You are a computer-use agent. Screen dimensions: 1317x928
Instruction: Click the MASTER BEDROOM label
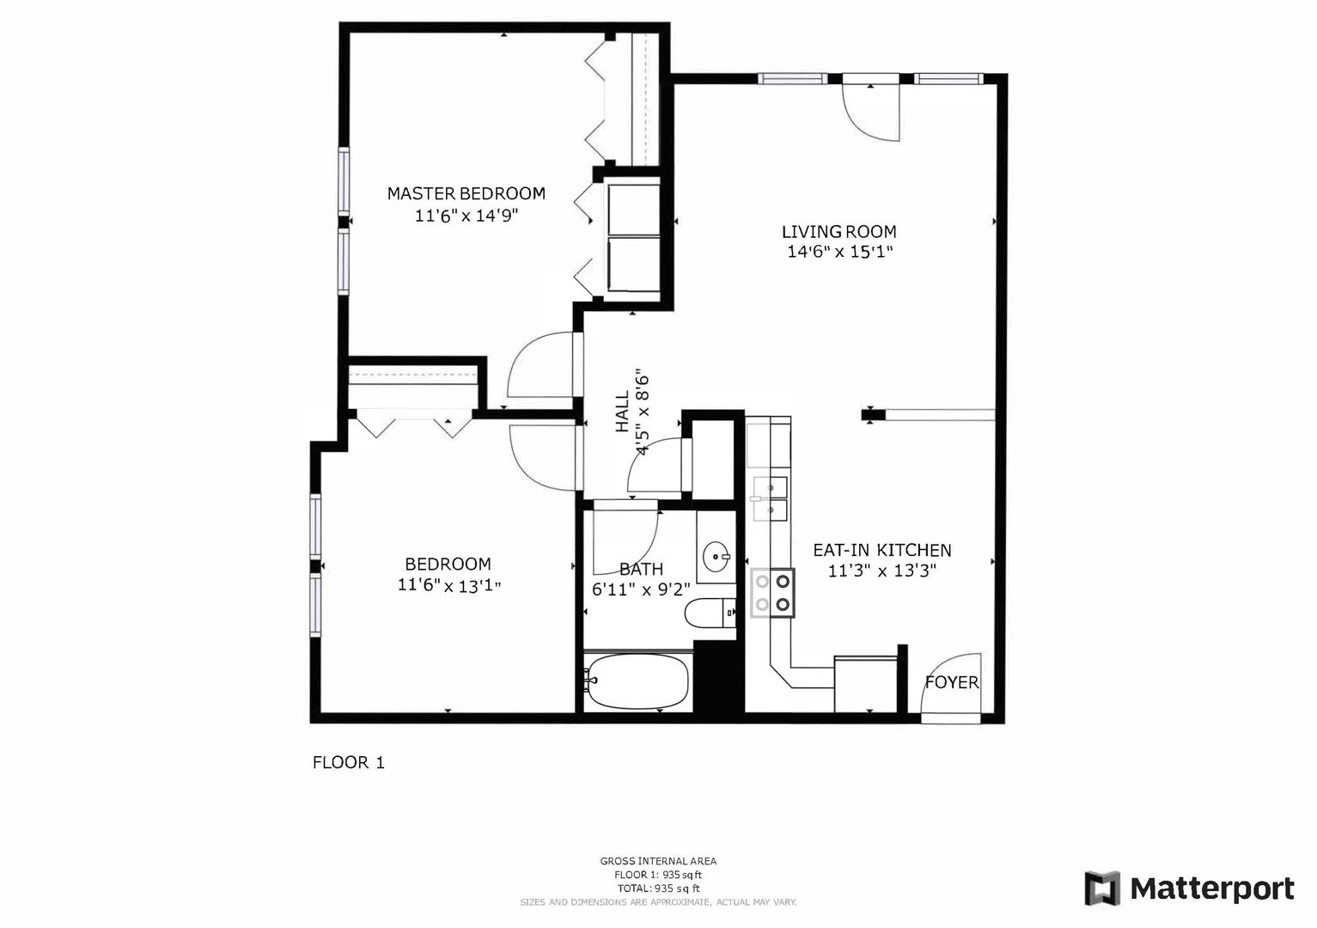[466, 193]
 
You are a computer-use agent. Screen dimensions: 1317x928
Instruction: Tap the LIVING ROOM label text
[839, 232]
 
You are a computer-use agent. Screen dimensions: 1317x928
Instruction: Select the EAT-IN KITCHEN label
[882, 550]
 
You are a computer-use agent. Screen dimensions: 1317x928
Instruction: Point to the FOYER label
[952, 682]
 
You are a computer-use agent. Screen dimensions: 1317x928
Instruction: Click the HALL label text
[622, 412]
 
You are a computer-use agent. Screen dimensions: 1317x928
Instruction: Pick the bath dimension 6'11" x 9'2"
[641, 589]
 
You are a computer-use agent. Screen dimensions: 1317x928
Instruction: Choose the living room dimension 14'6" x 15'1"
[840, 252]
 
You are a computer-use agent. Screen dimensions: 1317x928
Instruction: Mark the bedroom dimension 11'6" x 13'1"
[449, 586]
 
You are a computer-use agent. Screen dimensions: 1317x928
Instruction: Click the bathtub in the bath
[638, 681]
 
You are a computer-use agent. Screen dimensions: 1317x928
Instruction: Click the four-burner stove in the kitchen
[772, 593]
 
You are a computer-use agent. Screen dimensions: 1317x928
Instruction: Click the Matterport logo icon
[1102, 888]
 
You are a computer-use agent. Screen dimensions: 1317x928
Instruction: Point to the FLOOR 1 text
[349, 763]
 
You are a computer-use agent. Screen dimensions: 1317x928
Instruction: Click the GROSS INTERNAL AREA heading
[658, 861]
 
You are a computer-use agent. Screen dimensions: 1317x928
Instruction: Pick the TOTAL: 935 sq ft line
[658, 888]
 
